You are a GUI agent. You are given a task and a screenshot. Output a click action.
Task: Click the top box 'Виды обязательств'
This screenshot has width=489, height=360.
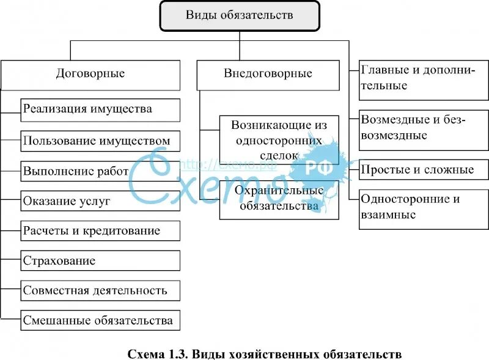[x=239, y=16]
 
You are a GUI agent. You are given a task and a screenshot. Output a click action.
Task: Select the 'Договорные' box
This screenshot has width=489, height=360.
[x=90, y=74]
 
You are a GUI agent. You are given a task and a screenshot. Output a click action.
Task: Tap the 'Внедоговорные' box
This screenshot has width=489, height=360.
[x=268, y=74]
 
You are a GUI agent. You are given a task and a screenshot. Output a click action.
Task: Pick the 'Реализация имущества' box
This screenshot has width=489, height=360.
[x=100, y=110]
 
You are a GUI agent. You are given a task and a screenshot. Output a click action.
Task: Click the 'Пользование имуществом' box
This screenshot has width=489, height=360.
[x=100, y=141]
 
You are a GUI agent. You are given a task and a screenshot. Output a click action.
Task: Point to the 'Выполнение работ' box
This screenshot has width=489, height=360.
[x=100, y=171]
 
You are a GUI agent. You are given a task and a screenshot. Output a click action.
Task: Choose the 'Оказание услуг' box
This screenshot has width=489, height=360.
[x=100, y=200]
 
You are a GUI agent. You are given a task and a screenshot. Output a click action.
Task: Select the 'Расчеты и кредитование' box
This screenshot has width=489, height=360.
[x=100, y=231]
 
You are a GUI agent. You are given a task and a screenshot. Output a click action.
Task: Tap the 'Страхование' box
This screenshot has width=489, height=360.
[x=100, y=261]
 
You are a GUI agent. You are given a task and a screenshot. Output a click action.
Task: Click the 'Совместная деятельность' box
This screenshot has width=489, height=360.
[x=100, y=290]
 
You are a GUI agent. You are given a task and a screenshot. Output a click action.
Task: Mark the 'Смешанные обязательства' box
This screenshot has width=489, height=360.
[x=100, y=320]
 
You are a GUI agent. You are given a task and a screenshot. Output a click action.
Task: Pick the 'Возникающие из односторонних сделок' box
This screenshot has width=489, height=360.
[x=279, y=140]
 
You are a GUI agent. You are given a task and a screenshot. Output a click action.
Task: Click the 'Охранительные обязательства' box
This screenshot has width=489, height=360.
[x=279, y=198]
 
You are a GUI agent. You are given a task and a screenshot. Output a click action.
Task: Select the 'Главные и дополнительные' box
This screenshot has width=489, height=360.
[x=423, y=78]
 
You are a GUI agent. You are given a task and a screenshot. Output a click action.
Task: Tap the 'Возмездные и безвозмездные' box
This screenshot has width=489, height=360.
[x=423, y=128]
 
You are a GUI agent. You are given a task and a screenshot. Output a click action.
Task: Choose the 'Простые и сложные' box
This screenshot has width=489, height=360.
[x=423, y=170]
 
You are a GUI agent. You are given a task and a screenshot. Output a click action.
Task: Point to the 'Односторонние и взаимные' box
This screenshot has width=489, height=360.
[x=423, y=207]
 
